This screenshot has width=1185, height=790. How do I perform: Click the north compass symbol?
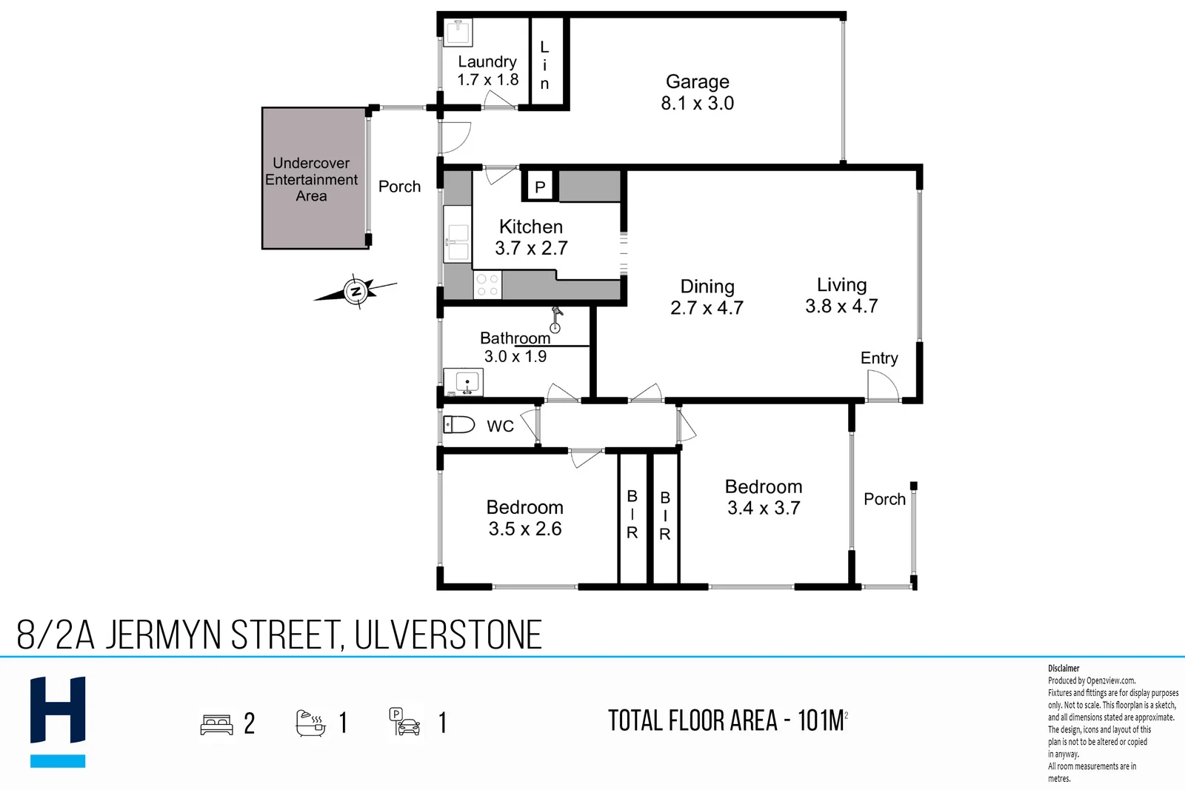tap(356, 291)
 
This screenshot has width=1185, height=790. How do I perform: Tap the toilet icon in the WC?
tap(458, 424)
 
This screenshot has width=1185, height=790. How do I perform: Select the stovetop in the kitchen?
tap(487, 285)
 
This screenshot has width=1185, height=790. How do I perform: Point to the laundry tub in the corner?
tap(458, 33)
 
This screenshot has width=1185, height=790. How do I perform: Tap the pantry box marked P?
tap(540, 187)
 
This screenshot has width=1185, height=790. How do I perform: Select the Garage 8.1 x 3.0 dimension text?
tap(697, 103)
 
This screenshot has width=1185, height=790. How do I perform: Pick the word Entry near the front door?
tap(879, 358)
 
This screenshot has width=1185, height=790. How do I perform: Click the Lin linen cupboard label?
tap(544, 65)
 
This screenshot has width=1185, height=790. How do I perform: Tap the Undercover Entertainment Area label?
tap(311, 179)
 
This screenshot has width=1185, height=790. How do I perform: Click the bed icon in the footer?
tap(216, 724)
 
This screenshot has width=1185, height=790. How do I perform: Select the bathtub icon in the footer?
tap(310, 723)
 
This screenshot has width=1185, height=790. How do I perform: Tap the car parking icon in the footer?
tap(405, 722)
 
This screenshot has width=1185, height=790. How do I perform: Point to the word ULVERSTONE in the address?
tap(448, 635)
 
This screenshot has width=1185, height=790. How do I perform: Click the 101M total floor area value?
tap(821, 720)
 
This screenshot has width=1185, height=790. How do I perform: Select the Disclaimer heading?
tap(1064, 668)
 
